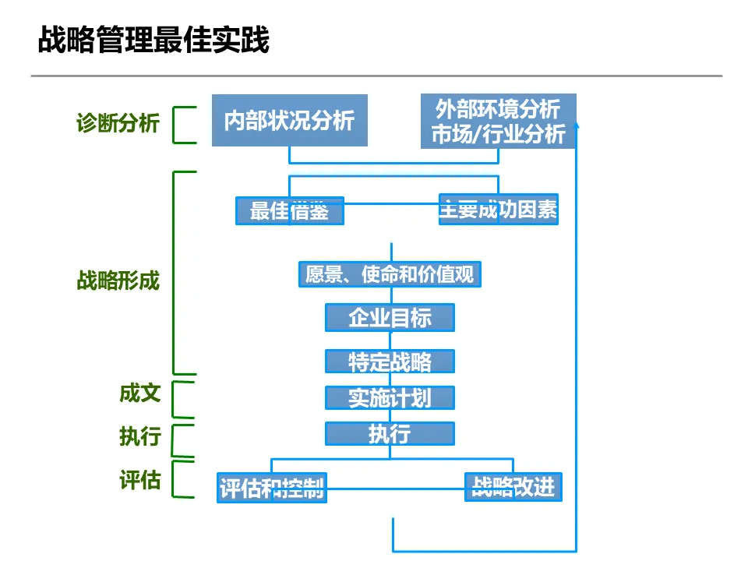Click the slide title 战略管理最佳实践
click(x=153, y=41)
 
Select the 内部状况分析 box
click(x=289, y=120)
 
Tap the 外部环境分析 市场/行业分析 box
click(x=499, y=121)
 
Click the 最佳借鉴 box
click(x=289, y=210)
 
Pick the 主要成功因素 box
click(x=499, y=210)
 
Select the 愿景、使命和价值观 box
click(x=390, y=274)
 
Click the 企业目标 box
click(x=390, y=318)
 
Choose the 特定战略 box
click(x=390, y=362)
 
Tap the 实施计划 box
click(x=390, y=397)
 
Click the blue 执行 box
click(x=390, y=433)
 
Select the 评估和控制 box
click(x=271, y=489)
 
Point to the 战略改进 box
click(x=513, y=487)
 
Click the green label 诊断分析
click(x=118, y=123)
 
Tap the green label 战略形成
click(x=118, y=280)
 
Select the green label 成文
click(x=140, y=393)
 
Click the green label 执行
click(x=140, y=436)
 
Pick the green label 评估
click(x=140, y=480)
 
